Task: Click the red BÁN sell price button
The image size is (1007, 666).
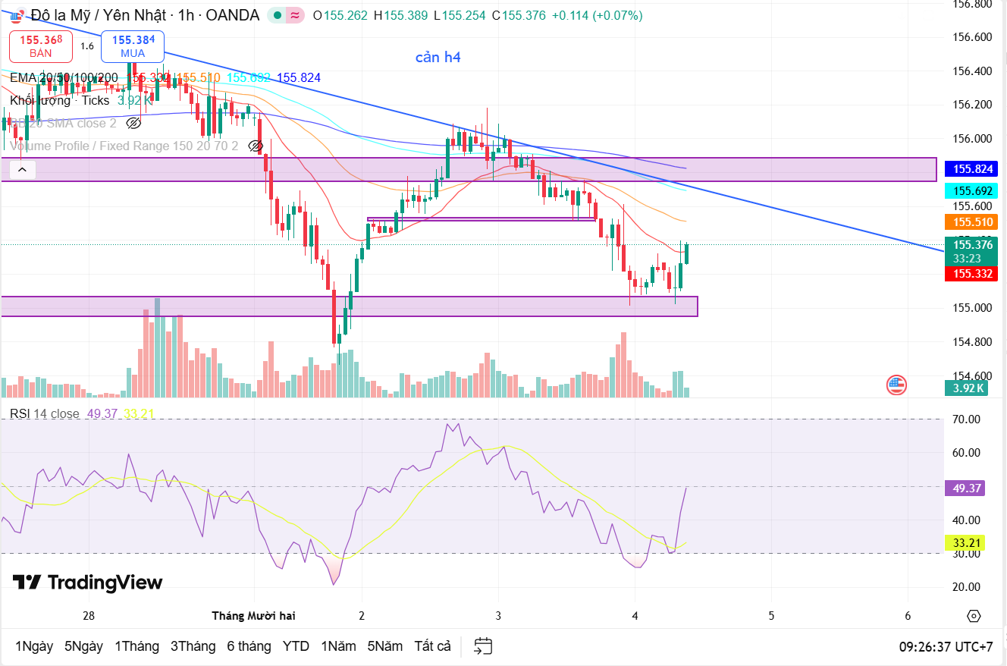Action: (x=41, y=46)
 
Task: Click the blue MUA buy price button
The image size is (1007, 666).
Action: (x=133, y=46)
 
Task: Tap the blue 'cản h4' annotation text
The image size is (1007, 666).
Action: (x=438, y=58)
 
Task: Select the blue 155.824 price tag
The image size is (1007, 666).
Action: (x=973, y=169)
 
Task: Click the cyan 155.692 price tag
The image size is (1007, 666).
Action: (x=973, y=191)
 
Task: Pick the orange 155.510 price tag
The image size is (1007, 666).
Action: (x=973, y=221)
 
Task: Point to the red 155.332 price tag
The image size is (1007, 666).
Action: (x=973, y=274)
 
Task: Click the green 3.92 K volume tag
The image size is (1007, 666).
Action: (x=969, y=388)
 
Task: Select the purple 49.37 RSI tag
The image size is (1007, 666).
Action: (x=965, y=489)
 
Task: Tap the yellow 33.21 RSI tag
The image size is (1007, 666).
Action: (x=965, y=542)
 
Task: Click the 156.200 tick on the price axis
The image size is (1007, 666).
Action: (x=972, y=105)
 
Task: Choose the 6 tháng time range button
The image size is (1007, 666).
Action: (x=249, y=646)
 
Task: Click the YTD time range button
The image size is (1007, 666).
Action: (x=296, y=646)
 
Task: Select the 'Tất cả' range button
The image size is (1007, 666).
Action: (x=432, y=646)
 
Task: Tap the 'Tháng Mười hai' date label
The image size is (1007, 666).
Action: (x=253, y=615)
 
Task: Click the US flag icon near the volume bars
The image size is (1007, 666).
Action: (x=896, y=385)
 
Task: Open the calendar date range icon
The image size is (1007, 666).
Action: (x=483, y=646)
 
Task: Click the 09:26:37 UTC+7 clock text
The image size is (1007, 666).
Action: (x=946, y=647)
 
